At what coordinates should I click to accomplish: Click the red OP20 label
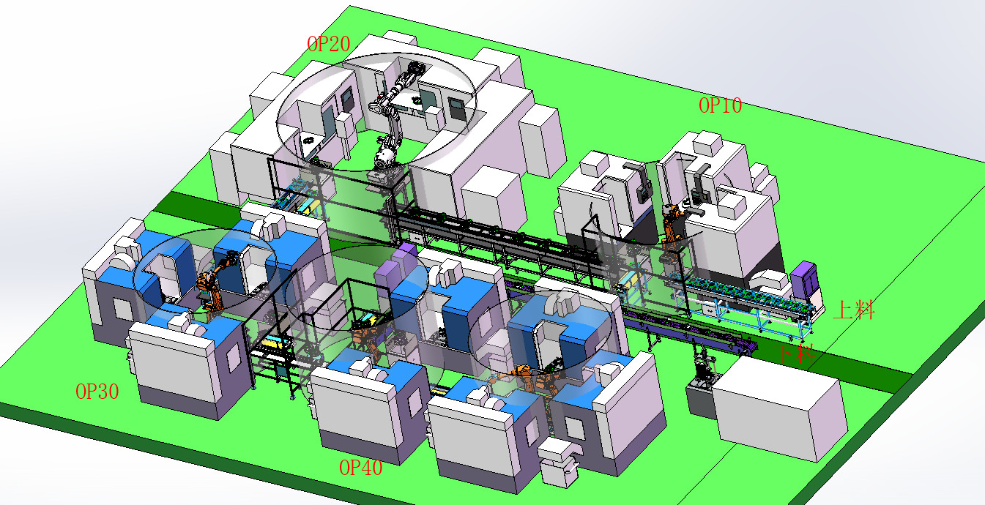(328, 44)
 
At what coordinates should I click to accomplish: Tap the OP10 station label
(721, 105)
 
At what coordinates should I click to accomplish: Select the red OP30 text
(97, 392)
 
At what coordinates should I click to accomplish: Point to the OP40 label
(360, 468)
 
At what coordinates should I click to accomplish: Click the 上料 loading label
(854, 310)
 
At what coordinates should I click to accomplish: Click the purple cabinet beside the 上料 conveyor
(804, 278)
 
